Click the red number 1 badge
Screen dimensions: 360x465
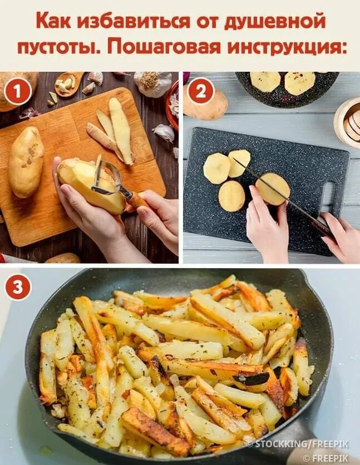(17, 91)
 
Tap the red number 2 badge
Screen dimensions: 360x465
(201, 91)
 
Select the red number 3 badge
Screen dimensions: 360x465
(18, 287)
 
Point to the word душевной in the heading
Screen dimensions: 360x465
(274, 22)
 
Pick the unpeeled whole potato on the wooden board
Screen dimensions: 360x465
(26, 162)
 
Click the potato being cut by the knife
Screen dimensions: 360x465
(273, 189)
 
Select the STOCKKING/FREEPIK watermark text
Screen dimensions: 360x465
(298, 444)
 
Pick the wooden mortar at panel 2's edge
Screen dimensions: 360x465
(348, 122)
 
